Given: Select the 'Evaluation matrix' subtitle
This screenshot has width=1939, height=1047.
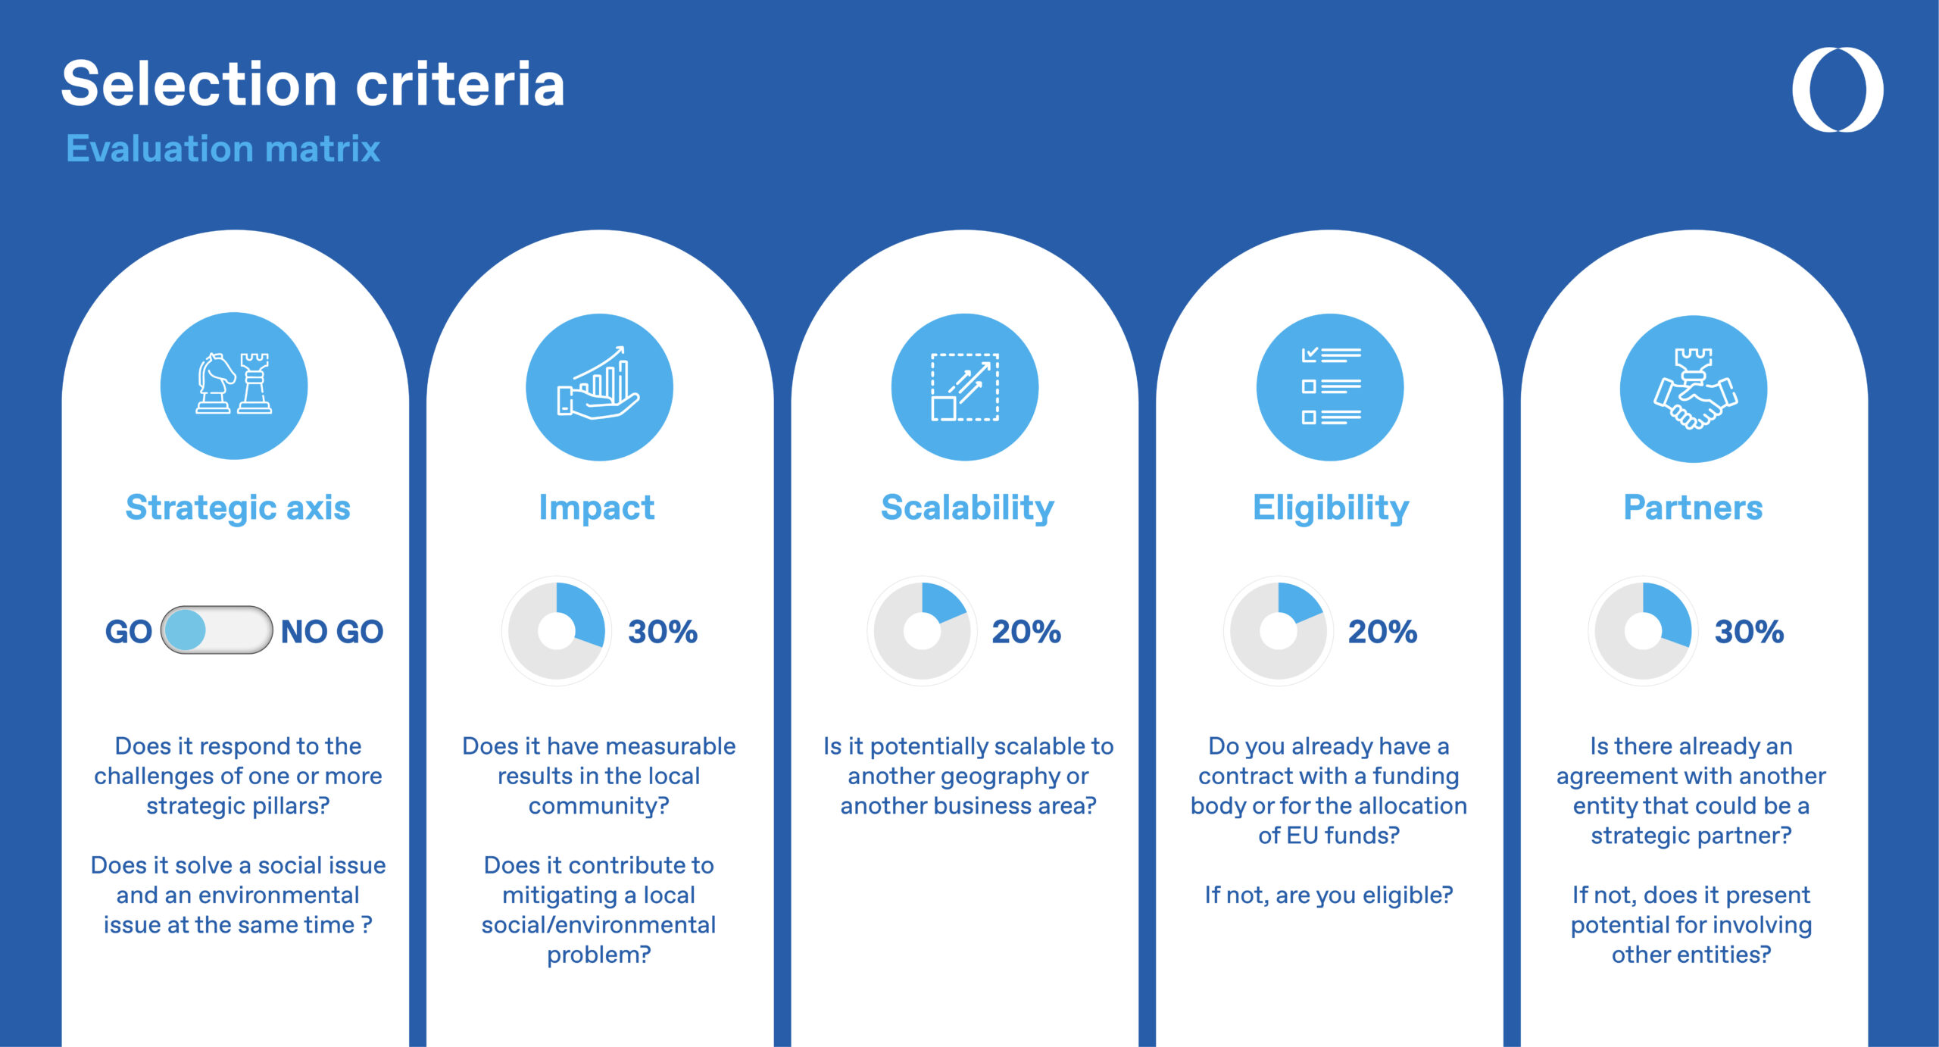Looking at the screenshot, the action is [x=223, y=148].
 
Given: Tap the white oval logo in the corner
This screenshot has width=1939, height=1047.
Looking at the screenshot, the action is [x=1838, y=89].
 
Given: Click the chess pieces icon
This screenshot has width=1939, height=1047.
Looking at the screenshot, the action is [x=234, y=383].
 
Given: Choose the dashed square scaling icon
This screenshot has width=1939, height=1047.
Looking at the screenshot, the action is [x=965, y=386].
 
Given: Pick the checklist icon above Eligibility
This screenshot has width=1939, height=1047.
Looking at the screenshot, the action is [x=1331, y=386].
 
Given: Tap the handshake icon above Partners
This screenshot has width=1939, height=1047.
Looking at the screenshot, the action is [x=1694, y=388].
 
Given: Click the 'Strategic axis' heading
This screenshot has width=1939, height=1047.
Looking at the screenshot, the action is [x=238, y=508].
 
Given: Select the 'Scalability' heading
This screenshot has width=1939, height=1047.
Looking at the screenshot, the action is [x=967, y=508].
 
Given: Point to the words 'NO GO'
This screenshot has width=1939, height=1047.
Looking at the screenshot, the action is [x=332, y=631].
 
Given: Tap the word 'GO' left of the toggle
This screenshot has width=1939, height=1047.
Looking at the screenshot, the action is [x=129, y=631].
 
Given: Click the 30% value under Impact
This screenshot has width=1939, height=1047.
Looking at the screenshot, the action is [x=663, y=631].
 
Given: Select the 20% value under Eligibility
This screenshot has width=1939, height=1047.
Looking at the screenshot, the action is [x=1382, y=631].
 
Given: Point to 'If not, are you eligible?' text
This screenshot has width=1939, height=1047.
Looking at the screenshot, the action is [x=1329, y=895].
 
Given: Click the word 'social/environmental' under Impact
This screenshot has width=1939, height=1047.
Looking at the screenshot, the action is [x=598, y=924].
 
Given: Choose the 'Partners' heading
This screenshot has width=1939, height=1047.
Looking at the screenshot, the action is [x=1693, y=508].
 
